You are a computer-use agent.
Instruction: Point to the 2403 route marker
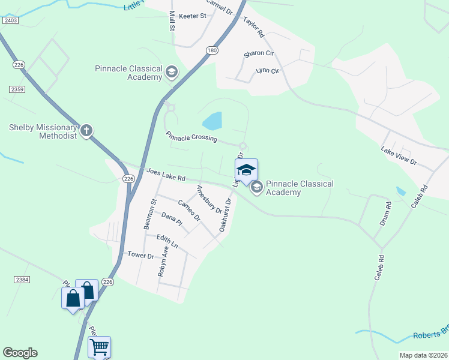point(10,20)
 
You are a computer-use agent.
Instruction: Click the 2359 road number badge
point(17,89)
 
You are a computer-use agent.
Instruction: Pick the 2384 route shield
point(22,280)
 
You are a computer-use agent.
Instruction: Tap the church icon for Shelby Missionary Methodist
point(86,130)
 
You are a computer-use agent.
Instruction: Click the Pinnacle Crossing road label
point(191,137)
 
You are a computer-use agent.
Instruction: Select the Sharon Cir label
point(259,54)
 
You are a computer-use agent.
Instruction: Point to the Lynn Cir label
point(268,71)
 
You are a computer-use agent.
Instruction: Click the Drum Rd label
point(385,213)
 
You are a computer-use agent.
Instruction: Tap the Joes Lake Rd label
point(166,175)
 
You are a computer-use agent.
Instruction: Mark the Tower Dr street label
point(141,255)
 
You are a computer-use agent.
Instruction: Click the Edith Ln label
point(167,241)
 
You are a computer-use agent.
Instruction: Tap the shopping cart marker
point(99,347)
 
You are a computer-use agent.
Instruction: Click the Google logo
point(20,353)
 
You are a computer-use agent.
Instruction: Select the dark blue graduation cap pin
point(246,171)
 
